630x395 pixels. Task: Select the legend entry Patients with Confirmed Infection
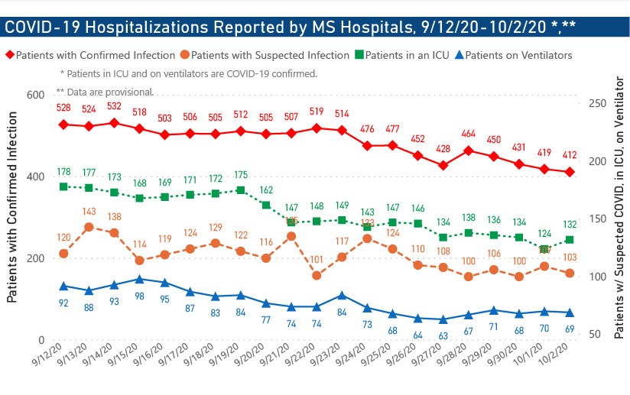pos(91,55)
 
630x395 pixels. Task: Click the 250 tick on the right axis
pos(596,103)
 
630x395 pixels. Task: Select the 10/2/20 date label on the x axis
pos(563,357)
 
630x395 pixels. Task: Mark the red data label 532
pos(114,106)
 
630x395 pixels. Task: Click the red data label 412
pos(570,155)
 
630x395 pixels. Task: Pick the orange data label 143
pos(89,212)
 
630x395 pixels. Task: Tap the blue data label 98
pos(139,296)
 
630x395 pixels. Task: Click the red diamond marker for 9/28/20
pos(469,151)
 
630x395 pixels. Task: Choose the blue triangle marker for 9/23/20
pos(342,295)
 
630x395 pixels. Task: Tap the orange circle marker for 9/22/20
pos(317,275)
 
